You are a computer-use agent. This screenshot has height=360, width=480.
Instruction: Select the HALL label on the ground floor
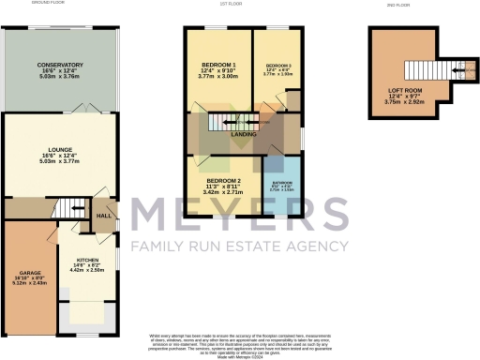point(104,216)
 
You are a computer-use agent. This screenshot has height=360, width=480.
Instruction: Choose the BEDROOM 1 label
point(218,65)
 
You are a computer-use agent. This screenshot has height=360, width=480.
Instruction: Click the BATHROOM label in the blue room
point(282,183)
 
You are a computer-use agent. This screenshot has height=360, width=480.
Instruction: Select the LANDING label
point(245,135)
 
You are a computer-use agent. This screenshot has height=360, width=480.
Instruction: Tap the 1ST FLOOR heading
point(244,4)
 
